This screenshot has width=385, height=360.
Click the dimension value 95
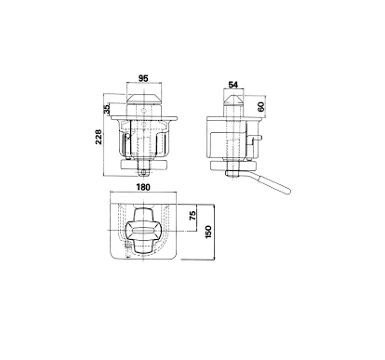[143, 78]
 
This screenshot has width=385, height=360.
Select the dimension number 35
[107, 109]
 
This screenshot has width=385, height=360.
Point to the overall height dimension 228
[99, 137]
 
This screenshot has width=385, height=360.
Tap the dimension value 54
[232, 85]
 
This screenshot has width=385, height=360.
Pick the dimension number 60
[260, 107]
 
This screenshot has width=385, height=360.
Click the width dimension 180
[143, 187]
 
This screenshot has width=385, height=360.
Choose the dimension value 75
[192, 215]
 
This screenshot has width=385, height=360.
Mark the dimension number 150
[208, 232]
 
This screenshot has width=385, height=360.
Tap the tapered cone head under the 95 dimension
[144, 100]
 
